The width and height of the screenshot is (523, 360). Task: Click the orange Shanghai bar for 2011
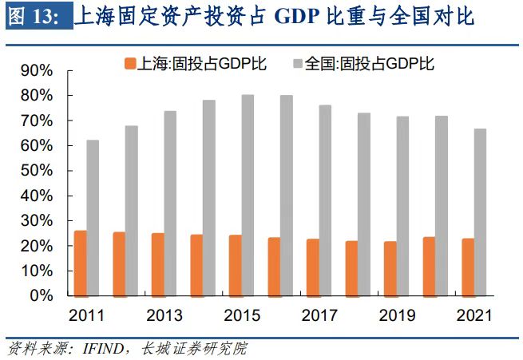pyautogui.click(x=81, y=263)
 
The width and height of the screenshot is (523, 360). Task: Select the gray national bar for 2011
pyautogui.click(x=93, y=217)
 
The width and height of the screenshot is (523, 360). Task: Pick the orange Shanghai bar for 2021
pyautogui.click(x=467, y=267)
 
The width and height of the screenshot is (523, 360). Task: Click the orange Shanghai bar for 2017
pyautogui.click(x=313, y=267)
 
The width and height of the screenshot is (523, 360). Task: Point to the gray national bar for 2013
pyautogui.click(x=170, y=203)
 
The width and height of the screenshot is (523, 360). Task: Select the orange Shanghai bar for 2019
pyautogui.click(x=390, y=268)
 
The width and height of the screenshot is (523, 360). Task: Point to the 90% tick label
pyautogui.click(x=36, y=71)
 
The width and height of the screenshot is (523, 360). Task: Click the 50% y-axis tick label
pyautogui.click(x=36, y=171)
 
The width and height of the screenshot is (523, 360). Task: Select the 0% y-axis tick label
pyautogui.click(x=40, y=296)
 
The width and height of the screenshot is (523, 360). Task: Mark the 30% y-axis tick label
pyautogui.click(x=36, y=221)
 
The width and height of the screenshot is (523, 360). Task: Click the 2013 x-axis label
pyautogui.click(x=164, y=315)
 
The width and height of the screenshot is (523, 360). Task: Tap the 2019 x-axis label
pyautogui.click(x=396, y=315)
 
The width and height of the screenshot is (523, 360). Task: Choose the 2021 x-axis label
pyautogui.click(x=473, y=315)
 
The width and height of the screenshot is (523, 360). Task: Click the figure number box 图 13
pyautogui.click(x=36, y=17)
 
